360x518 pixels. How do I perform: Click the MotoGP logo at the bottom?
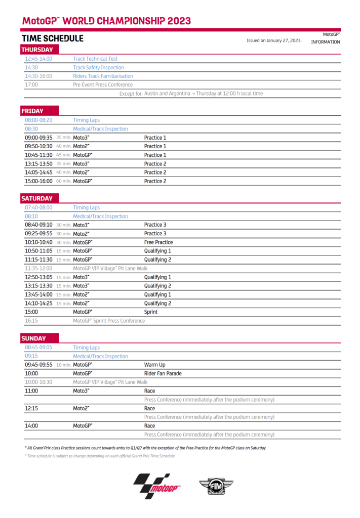(x=156, y=486)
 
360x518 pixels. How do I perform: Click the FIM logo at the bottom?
(x=216, y=487)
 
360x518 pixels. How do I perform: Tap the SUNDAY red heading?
(x=33, y=338)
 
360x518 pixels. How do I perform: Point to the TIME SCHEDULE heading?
(x=52, y=38)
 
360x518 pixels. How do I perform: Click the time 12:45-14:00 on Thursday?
(x=38, y=59)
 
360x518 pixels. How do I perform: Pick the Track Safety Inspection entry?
(x=98, y=67)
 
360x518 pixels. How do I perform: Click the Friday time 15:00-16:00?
(x=38, y=181)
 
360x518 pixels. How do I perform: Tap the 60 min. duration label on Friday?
(x=63, y=181)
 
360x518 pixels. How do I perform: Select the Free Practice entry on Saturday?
(x=158, y=242)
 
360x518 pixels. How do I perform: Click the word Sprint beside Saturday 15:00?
(x=150, y=312)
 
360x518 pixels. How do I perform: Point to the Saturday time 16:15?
(x=31, y=321)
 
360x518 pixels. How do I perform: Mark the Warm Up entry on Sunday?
(x=154, y=365)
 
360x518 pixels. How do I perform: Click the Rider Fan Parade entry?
(x=163, y=373)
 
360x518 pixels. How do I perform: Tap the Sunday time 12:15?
(x=31, y=408)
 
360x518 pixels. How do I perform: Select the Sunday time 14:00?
(x=31, y=426)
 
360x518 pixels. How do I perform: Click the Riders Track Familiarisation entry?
(x=103, y=76)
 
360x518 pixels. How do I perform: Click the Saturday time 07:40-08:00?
(x=38, y=207)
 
